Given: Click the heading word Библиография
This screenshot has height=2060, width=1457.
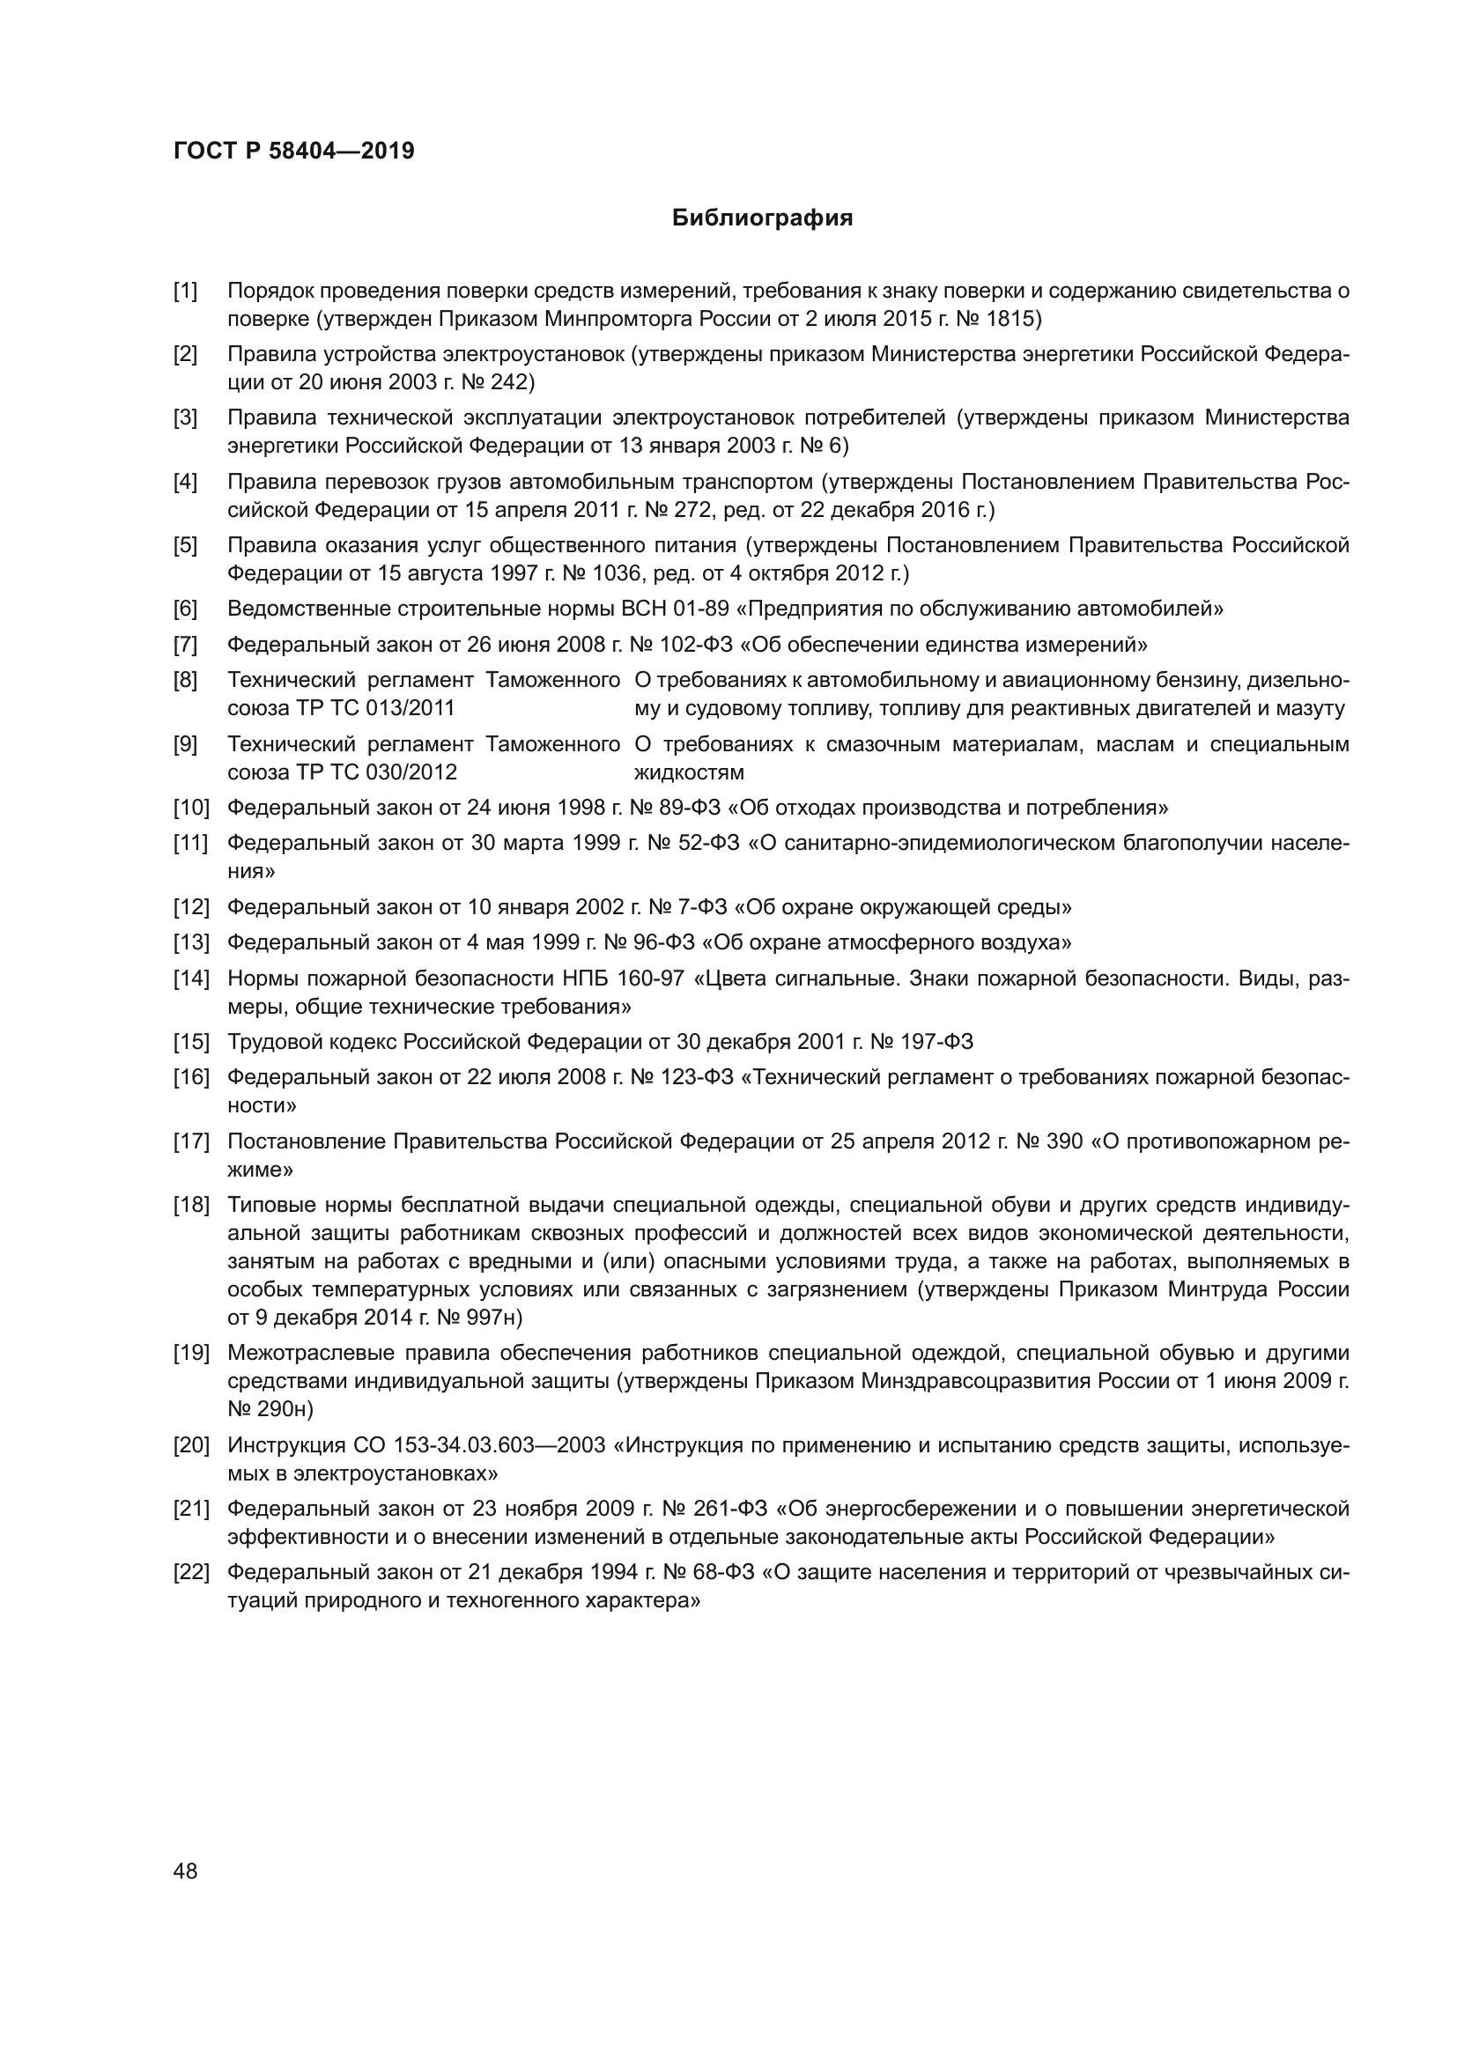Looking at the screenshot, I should click(762, 218).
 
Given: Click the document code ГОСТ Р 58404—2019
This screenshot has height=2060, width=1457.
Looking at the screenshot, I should click(294, 151).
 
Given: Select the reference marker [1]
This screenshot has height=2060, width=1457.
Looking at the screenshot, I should click(186, 291).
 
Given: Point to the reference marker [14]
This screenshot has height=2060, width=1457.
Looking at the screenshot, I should click(191, 978).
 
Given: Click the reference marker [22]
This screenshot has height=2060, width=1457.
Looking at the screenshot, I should click(191, 1572).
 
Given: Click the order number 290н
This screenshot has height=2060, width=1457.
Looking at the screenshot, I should click(285, 1408).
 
